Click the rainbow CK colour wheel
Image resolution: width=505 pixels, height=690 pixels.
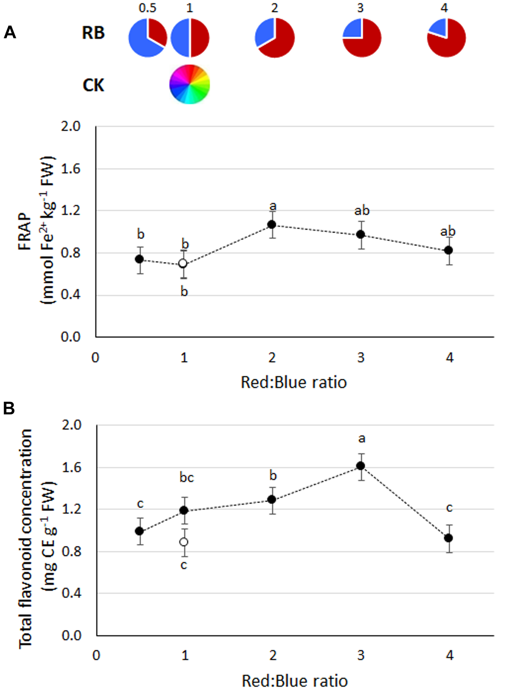[x=190, y=84]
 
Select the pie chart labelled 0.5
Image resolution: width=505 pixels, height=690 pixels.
[x=148, y=38]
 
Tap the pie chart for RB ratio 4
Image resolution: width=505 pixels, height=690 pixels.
[x=446, y=38]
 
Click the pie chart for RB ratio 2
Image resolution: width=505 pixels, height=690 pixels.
[x=275, y=38]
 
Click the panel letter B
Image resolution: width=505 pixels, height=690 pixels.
[x=9, y=408]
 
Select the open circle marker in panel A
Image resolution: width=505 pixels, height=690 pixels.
[x=183, y=263]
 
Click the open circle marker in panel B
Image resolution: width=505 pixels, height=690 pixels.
[x=183, y=542]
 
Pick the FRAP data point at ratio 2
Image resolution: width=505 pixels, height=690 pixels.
[x=272, y=225]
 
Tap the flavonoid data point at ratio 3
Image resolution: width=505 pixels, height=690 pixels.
[x=361, y=466]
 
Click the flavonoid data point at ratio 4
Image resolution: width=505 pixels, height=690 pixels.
[x=448, y=538]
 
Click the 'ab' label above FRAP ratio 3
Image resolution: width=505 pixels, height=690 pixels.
[x=362, y=211]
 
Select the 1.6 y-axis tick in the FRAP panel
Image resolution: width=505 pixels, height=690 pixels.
[x=70, y=169]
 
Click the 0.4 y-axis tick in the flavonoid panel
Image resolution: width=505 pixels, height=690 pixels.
[x=71, y=594]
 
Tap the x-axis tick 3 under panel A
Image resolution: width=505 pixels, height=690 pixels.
[x=361, y=357]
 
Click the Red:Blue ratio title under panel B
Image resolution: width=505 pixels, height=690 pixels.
[x=295, y=681]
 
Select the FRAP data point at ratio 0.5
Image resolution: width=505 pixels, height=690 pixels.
[x=139, y=259]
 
